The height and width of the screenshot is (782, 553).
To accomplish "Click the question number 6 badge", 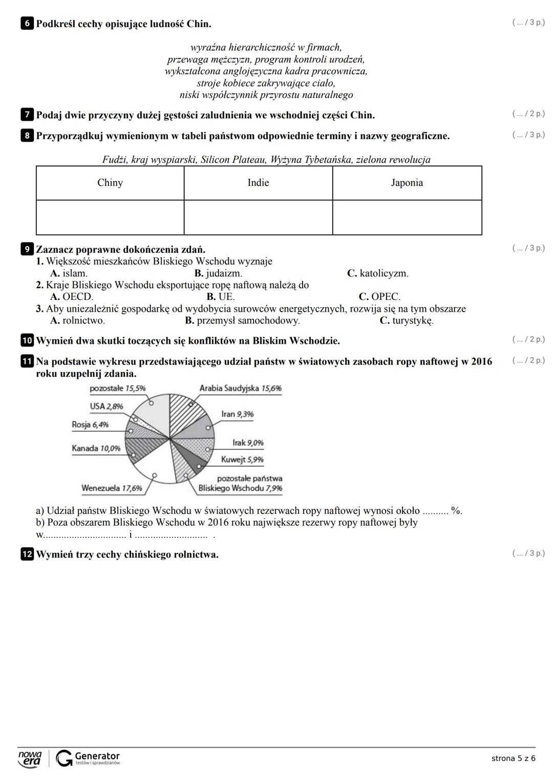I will click(x=27, y=24).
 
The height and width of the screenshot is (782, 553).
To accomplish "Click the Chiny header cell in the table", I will click(x=110, y=183).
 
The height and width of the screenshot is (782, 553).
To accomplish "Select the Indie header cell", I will click(x=258, y=183).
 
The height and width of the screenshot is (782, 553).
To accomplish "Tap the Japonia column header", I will click(x=407, y=183).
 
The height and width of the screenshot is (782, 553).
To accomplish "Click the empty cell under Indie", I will click(x=258, y=218).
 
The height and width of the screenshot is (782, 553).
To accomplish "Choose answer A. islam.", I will click(x=69, y=273).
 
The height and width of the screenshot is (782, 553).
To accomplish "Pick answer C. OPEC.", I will click(x=379, y=297).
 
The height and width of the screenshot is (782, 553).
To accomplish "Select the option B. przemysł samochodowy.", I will click(x=242, y=321).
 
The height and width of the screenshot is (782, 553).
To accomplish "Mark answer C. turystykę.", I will click(x=407, y=321).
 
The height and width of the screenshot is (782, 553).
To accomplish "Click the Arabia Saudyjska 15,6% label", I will click(x=240, y=388).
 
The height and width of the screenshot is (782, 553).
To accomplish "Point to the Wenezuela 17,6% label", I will click(x=112, y=488).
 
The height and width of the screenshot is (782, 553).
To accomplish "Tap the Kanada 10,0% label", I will click(x=96, y=448).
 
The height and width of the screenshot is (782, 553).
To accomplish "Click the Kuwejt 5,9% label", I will click(x=242, y=460).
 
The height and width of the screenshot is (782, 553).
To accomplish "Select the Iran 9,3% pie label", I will click(x=237, y=414).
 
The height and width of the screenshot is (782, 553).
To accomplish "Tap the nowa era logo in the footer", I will click(x=30, y=758).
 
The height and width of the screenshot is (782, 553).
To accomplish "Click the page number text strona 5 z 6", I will click(x=513, y=758).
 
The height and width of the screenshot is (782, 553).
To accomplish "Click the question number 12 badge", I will click(x=27, y=554).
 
